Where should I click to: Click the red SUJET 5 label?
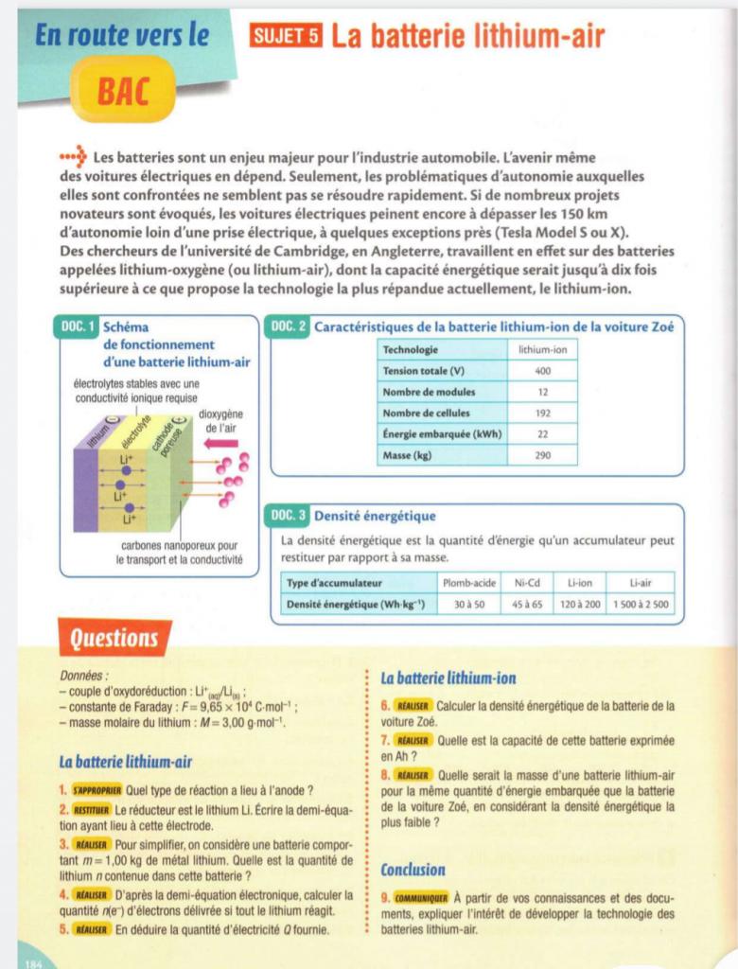point(287,38)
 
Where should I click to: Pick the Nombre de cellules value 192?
point(542,413)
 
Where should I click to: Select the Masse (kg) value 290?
point(542,455)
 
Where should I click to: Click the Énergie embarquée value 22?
point(542,434)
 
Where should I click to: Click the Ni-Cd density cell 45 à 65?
point(527,604)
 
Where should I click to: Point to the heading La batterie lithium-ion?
point(448,678)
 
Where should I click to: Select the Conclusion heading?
point(413,870)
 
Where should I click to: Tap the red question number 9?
point(385,899)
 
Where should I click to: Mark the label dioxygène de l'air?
point(224,421)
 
